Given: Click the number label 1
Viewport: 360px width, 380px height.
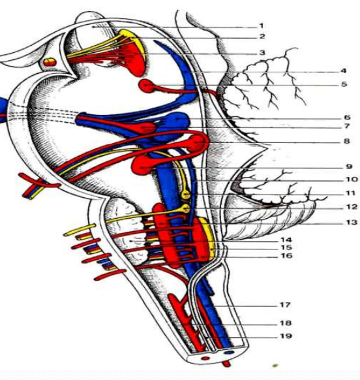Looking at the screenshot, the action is tap(261, 25).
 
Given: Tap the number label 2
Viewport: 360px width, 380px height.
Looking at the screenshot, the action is tap(262, 37).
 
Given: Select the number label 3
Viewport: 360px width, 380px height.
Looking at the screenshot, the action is tap(262, 52).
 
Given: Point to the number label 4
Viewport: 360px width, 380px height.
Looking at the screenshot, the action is tap(343, 71).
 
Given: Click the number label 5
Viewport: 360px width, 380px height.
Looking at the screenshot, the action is tap(344, 84).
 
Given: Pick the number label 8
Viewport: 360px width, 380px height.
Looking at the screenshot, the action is tap(347, 141).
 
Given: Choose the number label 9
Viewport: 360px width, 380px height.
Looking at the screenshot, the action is tap(349, 166).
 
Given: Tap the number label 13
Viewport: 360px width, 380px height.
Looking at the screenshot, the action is tap(352, 222).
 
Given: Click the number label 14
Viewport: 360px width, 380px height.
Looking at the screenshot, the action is tap(286, 240).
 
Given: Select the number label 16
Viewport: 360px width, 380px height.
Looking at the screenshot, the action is tap(286, 256).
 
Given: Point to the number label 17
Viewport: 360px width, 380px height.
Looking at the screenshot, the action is tap(285, 304).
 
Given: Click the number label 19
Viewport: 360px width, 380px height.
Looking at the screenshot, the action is tap(286, 336).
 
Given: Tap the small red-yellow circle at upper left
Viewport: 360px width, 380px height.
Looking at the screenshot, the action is tap(50, 62).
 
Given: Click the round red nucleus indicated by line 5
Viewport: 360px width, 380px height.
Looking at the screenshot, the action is tap(145, 86).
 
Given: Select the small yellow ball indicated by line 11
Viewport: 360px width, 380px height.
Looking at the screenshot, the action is tap(186, 194).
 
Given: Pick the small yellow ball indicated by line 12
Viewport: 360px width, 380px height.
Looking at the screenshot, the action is tap(186, 208).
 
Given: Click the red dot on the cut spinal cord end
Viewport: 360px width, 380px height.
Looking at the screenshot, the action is tap(205, 358).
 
